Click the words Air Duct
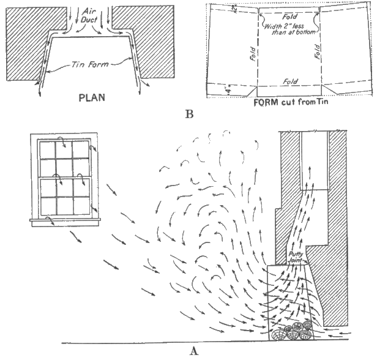88,14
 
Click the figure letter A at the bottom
194,350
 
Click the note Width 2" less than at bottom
288,31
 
